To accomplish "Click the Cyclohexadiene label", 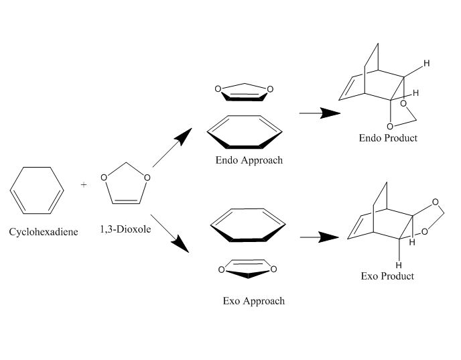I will pos(44,232).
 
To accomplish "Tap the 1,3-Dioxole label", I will pos(124,229).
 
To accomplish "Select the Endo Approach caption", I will pos(249,160).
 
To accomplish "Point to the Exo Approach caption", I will pos(253,301).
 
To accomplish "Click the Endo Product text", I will pos(387,138).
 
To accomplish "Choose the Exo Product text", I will pos(387,276).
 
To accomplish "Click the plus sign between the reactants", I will pos(84,184).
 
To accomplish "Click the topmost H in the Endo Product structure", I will pos(426,64).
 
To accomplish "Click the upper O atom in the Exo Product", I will pos(436,202).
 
